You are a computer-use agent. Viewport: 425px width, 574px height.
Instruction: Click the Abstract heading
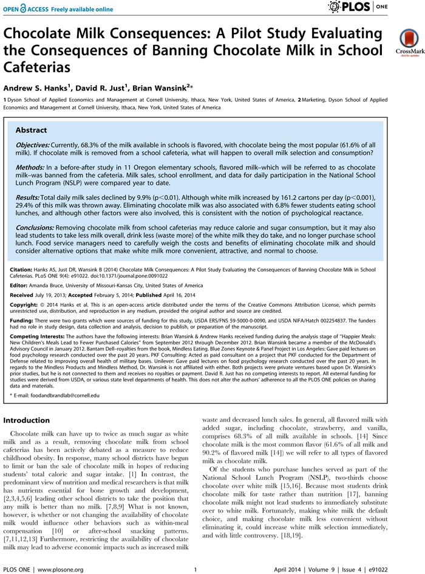(31, 131)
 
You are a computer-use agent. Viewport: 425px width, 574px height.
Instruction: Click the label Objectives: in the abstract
(35, 147)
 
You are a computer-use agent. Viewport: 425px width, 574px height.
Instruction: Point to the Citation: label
(23, 269)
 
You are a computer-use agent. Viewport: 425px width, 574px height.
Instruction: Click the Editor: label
(21, 285)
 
